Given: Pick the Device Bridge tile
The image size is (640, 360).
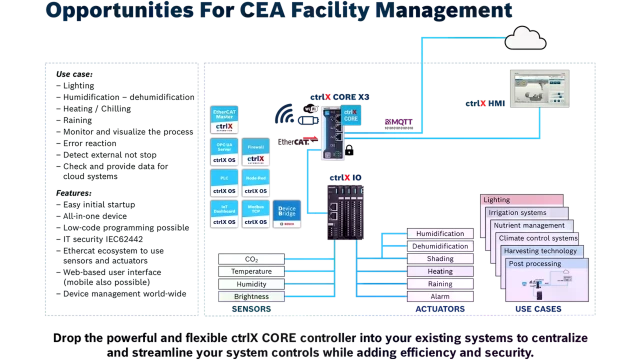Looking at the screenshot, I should tap(286, 212).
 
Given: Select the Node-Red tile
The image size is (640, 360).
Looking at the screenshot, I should tap(256, 183).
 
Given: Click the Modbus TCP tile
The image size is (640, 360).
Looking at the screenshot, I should tap(256, 212).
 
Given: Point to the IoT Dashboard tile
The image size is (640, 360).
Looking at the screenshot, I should tap(225, 212).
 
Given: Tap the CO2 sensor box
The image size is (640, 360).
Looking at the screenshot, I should tap(251, 259).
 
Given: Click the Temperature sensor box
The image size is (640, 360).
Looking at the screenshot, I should tap(251, 271).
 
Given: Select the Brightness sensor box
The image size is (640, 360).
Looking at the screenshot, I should tap(251, 296).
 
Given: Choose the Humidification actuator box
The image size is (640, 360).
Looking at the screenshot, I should tap(440, 234).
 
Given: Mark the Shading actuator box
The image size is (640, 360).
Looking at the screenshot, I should tap(440, 259).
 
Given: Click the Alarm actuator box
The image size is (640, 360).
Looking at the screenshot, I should tap(440, 296).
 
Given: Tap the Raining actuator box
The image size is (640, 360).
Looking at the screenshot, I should tap(440, 284).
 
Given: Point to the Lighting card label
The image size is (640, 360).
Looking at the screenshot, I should tap(498, 200).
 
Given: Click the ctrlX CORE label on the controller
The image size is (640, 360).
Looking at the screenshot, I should tap(351, 116).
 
